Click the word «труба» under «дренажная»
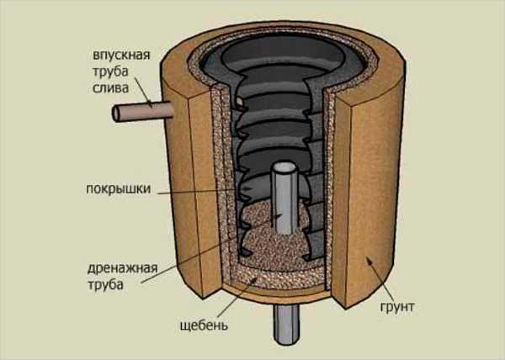pos(109,286)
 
